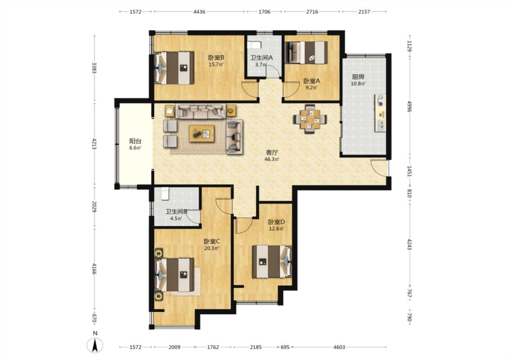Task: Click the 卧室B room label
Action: point(216,58)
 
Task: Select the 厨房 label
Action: point(358,77)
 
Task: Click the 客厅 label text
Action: point(272,153)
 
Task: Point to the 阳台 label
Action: point(135,141)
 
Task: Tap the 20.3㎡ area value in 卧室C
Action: point(212,248)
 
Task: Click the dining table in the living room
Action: point(310,119)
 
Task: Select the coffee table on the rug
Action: point(202,133)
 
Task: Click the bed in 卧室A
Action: point(307,53)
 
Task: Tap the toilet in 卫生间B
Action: point(165,193)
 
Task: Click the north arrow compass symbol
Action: point(95,346)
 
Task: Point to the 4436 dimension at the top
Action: point(199,12)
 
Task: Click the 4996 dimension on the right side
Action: point(409,107)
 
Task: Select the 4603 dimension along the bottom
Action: point(339,347)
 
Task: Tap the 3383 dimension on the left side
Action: point(94,68)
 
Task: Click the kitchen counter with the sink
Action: point(380,112)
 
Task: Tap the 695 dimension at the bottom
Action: point(285,347)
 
